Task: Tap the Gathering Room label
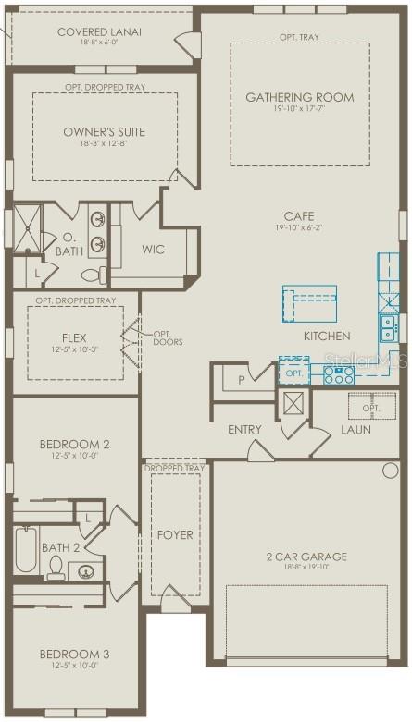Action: [x=299, y=97]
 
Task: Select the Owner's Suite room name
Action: [x=104, y=132]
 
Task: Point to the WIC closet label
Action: [x=153, y=250]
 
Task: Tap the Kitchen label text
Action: [x=327, y=336]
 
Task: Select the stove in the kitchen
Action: [x=339, y=374]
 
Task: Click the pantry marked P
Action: [x=242, y=379]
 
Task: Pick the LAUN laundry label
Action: [x=356, y=430]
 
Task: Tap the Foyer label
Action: [x=175, y=534]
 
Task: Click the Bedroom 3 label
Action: [x=74, y=655]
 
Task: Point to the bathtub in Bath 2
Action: [x=26, y=551]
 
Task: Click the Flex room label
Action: [x=74, y=338]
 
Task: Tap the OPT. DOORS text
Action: [x=167, y=338]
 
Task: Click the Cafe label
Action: [x=299, y=216]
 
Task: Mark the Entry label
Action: [x=244, y=430]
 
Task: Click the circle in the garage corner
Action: [x=390, y=470]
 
